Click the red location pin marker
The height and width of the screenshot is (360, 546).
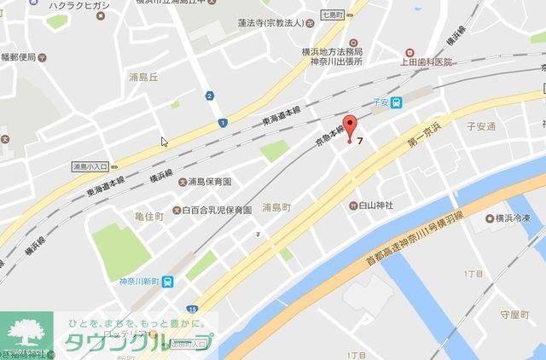[x=350, y=125]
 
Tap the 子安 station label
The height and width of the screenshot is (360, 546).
[x=380, y=101]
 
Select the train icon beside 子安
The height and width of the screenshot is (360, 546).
[x=398, y=101]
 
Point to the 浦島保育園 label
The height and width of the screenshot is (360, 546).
[x=209, y=182]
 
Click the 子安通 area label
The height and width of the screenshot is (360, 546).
[x=480, y=126]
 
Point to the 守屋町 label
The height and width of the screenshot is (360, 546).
[x=515, y=315]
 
